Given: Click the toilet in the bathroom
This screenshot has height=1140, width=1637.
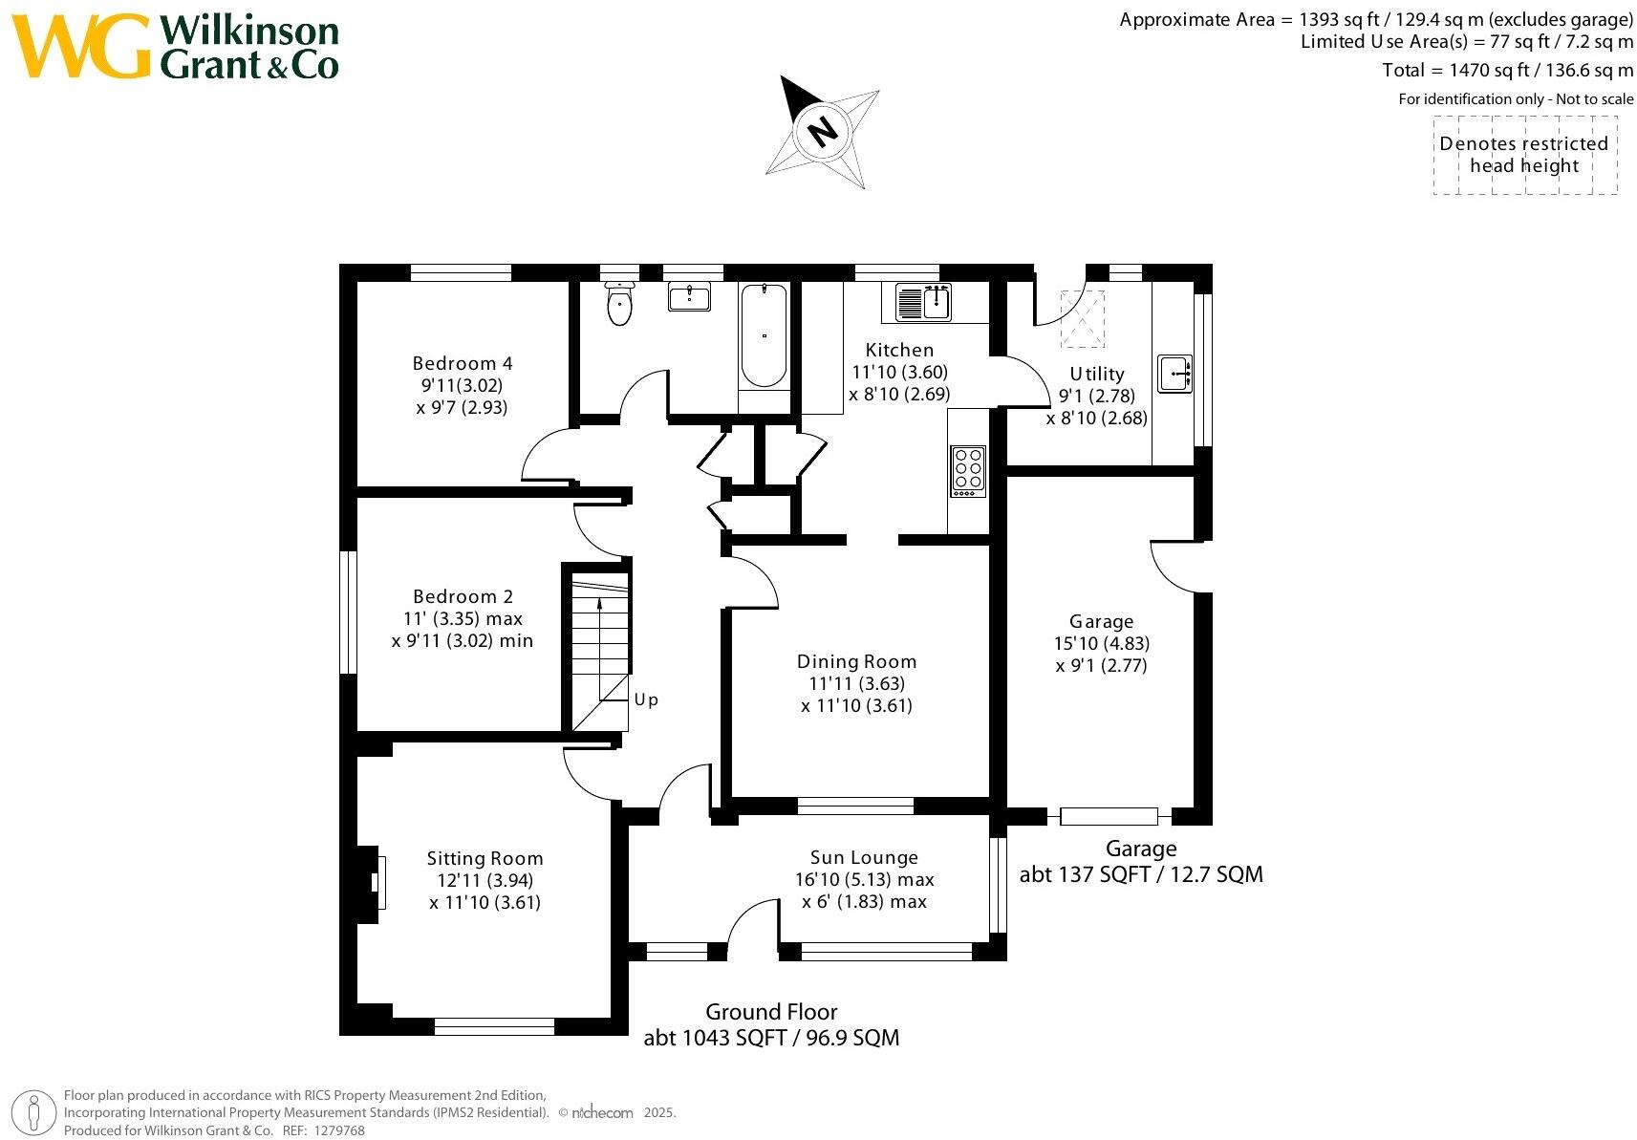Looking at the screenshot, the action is [620, 304].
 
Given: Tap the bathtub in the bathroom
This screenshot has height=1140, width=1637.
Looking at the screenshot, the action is [764, 335].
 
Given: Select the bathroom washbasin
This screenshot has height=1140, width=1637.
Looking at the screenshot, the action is [689, 297].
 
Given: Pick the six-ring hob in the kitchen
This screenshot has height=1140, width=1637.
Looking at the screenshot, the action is [967, 469].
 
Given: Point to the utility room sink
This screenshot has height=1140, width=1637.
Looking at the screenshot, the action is [1175, 373].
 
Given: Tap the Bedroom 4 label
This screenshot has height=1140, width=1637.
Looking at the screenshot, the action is [463, 363].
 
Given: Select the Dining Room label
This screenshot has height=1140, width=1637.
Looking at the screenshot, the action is [856, 661].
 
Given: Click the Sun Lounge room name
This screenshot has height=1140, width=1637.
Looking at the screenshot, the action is [864, 857].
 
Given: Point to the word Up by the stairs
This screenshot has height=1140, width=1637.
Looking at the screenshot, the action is [647, 699].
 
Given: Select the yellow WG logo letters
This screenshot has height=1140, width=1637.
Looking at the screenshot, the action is [82, 47].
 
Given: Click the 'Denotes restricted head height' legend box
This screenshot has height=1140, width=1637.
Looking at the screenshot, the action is [1524, 155].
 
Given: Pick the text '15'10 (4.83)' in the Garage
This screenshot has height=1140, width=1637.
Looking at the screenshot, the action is [1102, 643].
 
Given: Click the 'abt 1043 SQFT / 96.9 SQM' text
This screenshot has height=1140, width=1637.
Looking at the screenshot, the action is [771, 1038].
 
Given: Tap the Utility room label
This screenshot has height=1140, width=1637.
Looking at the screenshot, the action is [1097, 374].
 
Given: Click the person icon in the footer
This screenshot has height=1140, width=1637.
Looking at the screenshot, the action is [34, 1112].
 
